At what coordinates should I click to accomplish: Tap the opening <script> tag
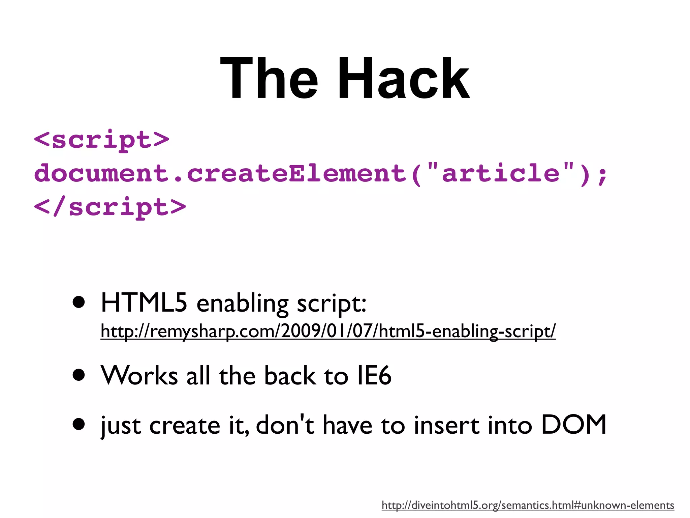pos(101,139)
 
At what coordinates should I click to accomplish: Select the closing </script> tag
pos(110,207)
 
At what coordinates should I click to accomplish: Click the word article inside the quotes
pos(501,173)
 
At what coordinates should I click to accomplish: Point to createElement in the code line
pos(296,173)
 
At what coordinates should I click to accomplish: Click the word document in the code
pos(101,173)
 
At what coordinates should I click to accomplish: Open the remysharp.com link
pos(328,331)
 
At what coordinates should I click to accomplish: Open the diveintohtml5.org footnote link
pos(528,505)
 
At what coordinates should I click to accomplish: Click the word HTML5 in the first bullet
pos(144,303)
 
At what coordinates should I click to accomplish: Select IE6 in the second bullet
pos(374,375)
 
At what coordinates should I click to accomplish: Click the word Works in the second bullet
pos(139,375)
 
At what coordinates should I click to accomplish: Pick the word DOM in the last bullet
pos(573,425)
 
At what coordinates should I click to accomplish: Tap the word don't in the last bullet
pos(285,425)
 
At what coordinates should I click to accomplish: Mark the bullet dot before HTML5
pos(79,303)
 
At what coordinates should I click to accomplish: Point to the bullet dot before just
pos(79,425)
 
